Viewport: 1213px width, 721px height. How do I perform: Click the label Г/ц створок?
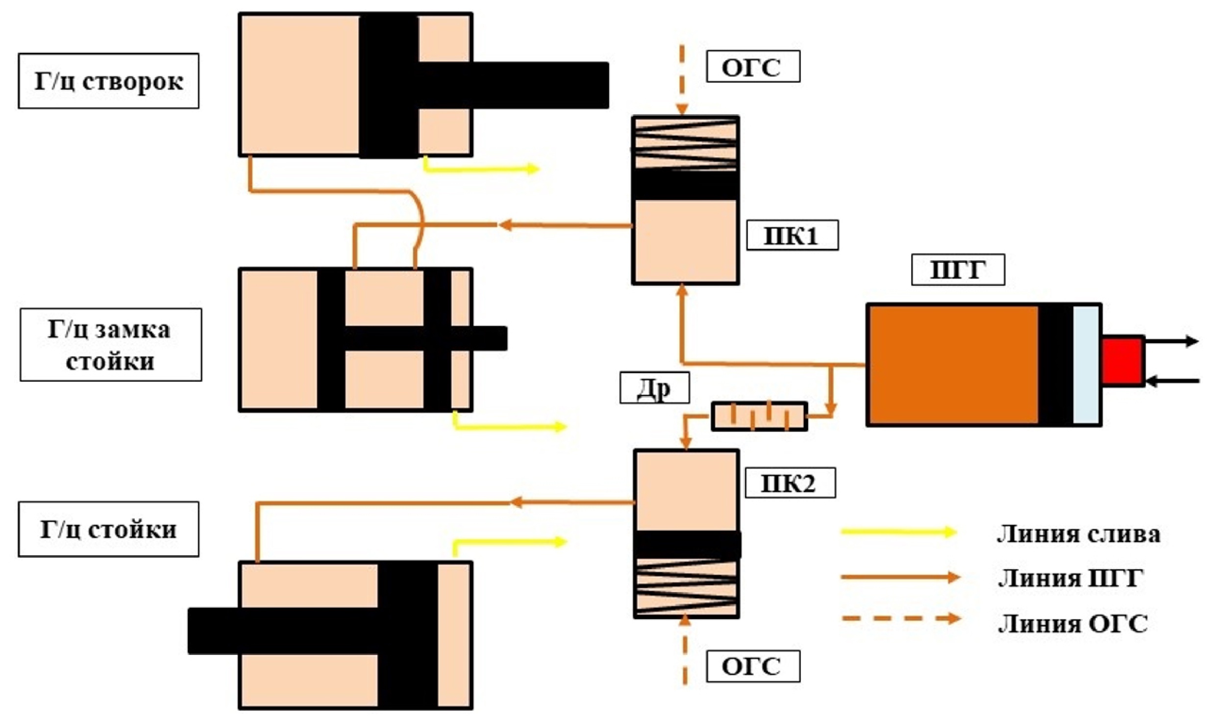coord(108,81)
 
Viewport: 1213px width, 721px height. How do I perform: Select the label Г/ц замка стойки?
coord(110,345)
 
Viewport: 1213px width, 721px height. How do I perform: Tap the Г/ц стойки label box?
coord(108,529)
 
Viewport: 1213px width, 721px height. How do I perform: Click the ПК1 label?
coord(792,236)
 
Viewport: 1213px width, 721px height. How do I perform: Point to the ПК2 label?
coord(790,483)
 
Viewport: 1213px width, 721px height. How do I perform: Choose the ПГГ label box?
coord(957,270)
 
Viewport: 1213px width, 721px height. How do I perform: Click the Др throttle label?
coord(654,388)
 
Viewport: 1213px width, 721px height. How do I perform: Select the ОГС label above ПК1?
coord(752,66)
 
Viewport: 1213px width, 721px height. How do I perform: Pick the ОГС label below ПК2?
coord(752,666)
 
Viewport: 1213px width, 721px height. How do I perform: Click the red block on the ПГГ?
coord(1122,361)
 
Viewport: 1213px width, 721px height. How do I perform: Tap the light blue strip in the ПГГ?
coord(1085,365)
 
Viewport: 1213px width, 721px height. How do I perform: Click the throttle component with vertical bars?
coord(759,417)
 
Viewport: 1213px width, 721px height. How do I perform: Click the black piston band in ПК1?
coord(685,185)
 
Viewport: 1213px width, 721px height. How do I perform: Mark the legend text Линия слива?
coord(1078,534)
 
